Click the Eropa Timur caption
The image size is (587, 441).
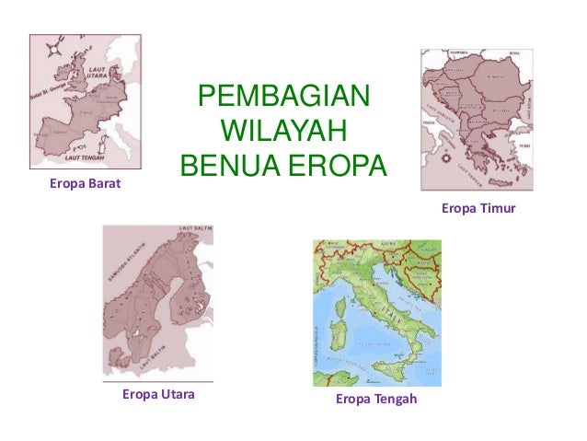[x=478, y=209]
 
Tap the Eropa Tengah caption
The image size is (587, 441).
[x=376, y=399]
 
